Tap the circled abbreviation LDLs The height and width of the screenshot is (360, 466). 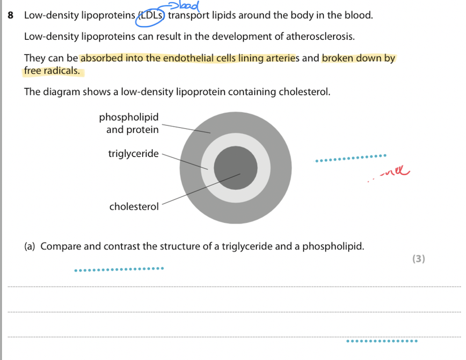click(x=151, y=16)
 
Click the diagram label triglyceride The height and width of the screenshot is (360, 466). click(x=133, y=154)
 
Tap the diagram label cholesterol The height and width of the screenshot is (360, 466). click(x=134, y=206)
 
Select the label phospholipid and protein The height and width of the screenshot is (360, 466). click(x=129, y=123)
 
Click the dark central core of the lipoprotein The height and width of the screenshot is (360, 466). click(x=235, y=168)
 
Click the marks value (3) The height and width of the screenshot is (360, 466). click(x=419, y=259)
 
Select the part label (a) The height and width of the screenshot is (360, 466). click(x=31, y=247)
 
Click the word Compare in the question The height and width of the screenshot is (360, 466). click(x=61, y=247)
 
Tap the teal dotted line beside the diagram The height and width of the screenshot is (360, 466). click(x=350, y=158)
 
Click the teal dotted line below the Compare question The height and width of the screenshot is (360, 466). click(x=119, y=269)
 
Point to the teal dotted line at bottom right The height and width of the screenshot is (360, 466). click(x=382, y=341)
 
